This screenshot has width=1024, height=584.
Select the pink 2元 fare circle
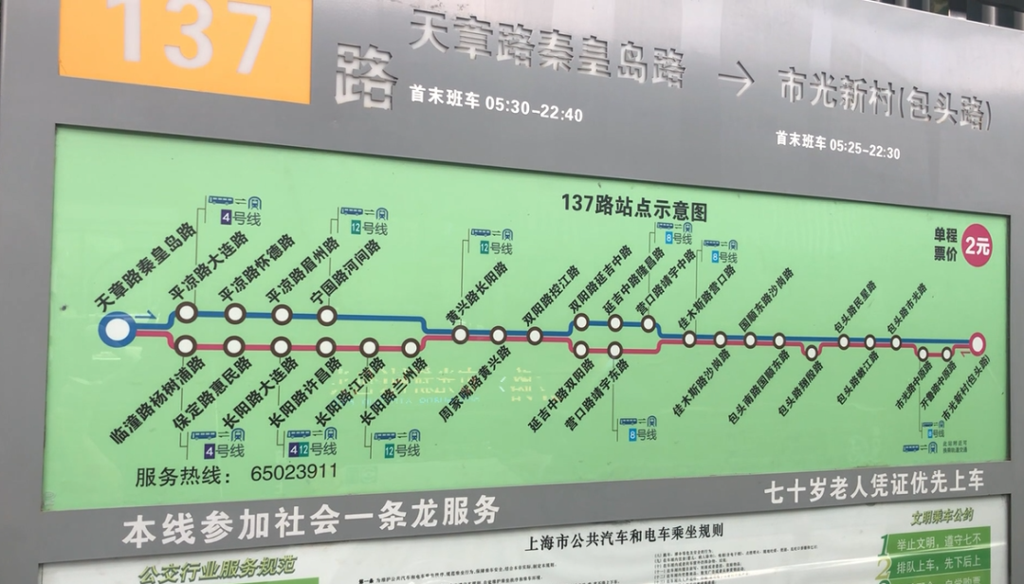pyautogui.click(x=978, y=246)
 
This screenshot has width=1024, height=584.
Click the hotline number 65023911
pyautogui.click(x=294, y=471)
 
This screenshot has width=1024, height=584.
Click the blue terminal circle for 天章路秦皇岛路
pyautogui.click(x=117, y=330)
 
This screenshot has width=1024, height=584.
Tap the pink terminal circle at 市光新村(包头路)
pyautogui.click(x=978, y=343)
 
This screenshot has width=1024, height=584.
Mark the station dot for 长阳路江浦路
pyautogui.click(x=369, y=347)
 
